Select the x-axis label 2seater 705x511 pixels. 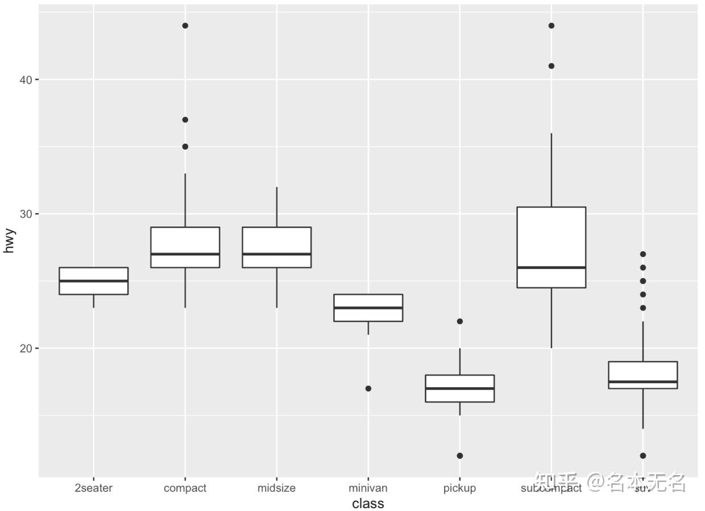[93, 488]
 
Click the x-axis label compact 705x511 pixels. [185, 488]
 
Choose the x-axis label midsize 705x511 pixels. [276, 488]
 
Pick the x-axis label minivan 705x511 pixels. [368, 488]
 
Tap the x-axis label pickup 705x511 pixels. [459, 488]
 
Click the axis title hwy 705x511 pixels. [9, 240]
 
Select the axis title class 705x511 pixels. [368, 504]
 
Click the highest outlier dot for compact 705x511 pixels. [185, 26]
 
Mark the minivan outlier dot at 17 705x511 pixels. [368, 388]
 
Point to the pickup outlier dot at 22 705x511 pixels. [459, 321]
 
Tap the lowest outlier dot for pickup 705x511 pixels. [459, 455]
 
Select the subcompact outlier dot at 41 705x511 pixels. [551, 66]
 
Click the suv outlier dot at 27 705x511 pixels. [642, 254]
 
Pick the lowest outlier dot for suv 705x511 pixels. [642, 455]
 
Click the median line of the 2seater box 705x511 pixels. [93, 281]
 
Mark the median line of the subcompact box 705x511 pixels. [551, 267]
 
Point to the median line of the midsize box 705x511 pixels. [276, 254]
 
